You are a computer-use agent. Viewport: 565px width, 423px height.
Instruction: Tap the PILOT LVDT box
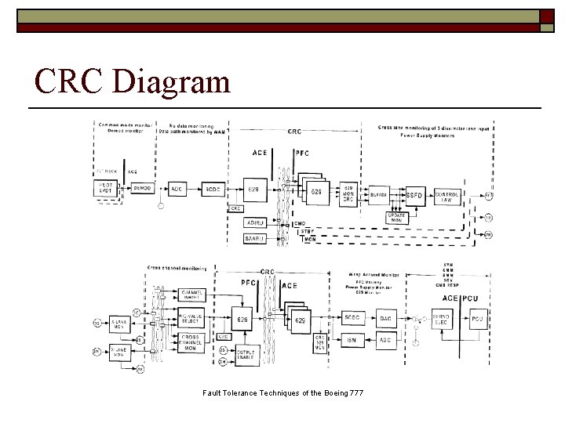[x=106, y=190]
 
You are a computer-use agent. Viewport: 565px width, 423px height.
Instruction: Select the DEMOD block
[x=142, y=190]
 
